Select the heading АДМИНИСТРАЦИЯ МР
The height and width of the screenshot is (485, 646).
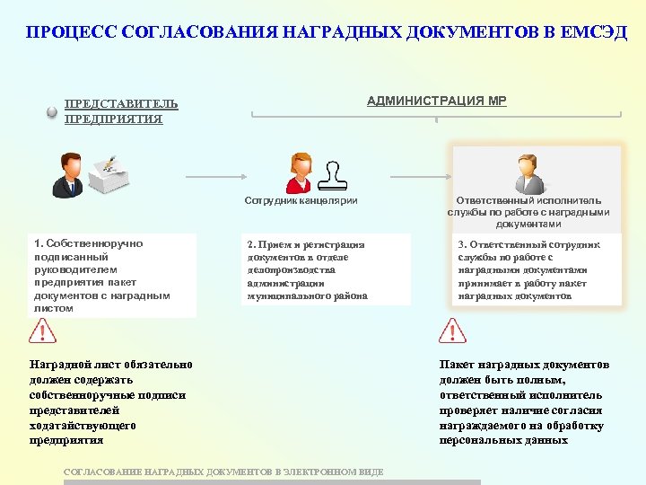[436, 101]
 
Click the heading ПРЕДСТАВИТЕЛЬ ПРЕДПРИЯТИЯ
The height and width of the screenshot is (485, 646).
[121, 111]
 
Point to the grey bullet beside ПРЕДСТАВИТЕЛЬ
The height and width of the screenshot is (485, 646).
[52, 112]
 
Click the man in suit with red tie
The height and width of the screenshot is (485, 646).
[68, 175]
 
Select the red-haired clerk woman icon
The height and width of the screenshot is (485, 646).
[299, 173]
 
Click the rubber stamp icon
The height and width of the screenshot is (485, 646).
[334, 177]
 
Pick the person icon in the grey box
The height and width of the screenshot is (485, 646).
[529, 174]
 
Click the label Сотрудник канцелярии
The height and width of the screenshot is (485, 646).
[301, 200]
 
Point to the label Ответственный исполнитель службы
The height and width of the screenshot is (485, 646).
[528, 212]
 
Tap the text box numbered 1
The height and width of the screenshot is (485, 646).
[112, 276]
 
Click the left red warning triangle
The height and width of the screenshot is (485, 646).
[42, 332]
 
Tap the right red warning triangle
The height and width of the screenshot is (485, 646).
[453, 332]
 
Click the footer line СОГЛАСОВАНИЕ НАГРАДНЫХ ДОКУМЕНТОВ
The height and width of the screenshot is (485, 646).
[224, 472]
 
